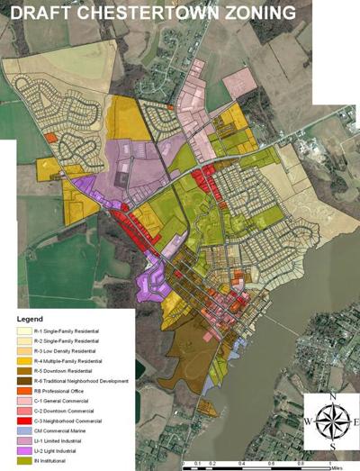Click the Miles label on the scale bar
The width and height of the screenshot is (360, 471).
click(x=336, y=467)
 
